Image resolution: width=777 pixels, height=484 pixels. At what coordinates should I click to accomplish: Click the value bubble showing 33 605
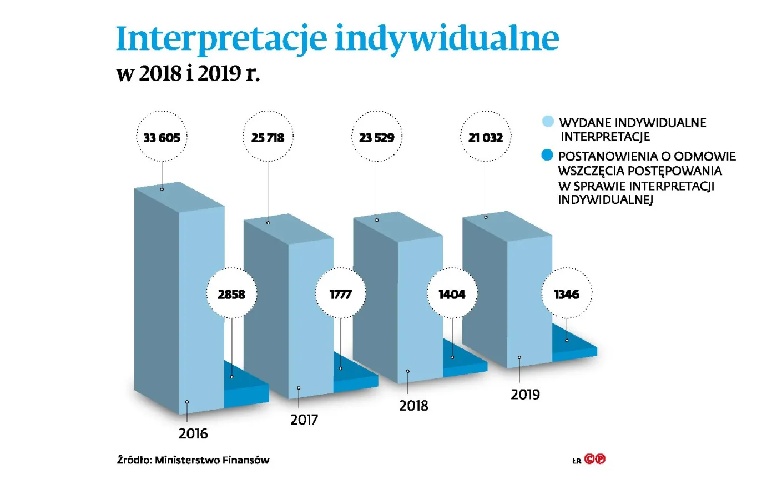[162, 137]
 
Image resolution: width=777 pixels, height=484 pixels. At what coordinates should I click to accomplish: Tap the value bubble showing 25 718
[268, 137]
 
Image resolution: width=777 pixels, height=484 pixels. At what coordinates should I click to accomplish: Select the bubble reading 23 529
[376, 137]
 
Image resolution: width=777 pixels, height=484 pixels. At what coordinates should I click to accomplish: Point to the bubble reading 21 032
[485, 137]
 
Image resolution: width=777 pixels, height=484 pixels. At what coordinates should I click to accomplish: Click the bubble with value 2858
[231, 294]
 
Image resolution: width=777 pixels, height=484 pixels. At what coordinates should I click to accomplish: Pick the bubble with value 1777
[340, 294]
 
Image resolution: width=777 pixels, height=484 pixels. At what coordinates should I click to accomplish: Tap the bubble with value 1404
[452, 294]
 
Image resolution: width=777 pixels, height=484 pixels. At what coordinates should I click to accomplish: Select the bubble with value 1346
[567, 294]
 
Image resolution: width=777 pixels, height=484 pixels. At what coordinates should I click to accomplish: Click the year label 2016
[193, 433]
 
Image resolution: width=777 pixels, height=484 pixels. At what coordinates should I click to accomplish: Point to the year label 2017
[304, 420]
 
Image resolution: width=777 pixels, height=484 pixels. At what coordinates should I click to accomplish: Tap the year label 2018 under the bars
[413, 406]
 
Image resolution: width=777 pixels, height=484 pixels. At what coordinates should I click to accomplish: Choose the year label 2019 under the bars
[525, 395]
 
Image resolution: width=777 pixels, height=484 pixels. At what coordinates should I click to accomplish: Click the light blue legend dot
[548, 122]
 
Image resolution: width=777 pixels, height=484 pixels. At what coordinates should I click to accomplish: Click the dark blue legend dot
[548, 155]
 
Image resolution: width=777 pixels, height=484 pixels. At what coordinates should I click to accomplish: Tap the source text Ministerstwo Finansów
[212, 460]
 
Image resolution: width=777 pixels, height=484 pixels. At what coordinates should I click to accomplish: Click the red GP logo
[595, 459]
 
